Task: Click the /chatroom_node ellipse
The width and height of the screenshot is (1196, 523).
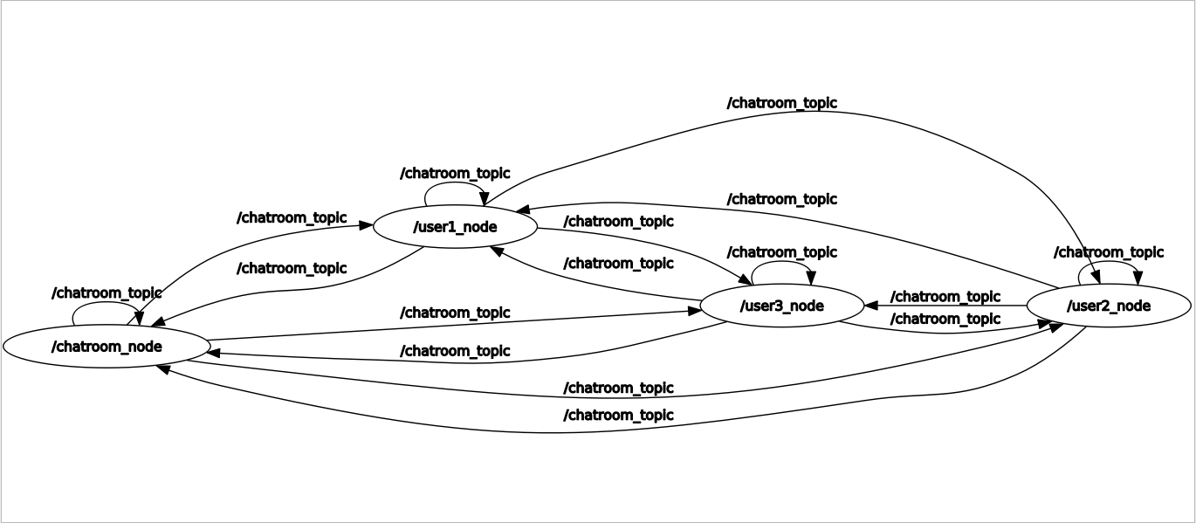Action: pyautogui.click(x=107, y=347)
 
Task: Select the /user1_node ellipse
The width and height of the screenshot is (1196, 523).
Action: pyautogui.click(x=454, y=227)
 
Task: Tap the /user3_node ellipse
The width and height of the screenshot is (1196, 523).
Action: pyautogui.click(x=781, y=306)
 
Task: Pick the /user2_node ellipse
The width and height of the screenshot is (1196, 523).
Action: pyautogui.click(x=1108, y=306)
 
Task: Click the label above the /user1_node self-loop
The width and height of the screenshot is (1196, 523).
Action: pyautogui.click(x=454, y=174)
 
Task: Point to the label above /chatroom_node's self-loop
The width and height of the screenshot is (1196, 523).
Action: pyautogui.click(x=107, y=292)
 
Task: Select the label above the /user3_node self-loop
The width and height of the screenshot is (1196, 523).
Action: pyautogui.click(x=781, y=252)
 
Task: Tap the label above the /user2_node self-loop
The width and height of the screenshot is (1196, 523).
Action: pyautogui.click(x=1108, y=252)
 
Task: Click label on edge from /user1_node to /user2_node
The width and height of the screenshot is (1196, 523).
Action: pyautogui.click(x=781, y=103)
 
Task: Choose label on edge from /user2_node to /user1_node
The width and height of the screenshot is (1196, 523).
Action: pyautogui.click(x=781, y=199)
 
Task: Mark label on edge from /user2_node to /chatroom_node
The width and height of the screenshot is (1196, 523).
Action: pyautogui.click(x=618, y=415)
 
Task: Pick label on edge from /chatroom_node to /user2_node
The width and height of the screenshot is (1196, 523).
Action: pyautogui.click(x=618, y=388)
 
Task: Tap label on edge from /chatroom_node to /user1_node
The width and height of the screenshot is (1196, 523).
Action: pyautogui.click(x=292, y=217)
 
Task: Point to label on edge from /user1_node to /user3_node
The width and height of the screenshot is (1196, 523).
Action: pyautogui.click(x=618, y=222)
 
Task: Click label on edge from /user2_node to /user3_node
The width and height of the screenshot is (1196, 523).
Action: pyautogui.click(x=945, y=297)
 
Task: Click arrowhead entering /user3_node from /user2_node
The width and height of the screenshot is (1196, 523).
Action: pyautogui.click(x=870, y=306)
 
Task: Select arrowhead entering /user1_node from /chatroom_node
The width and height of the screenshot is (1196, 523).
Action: pyautogui.click(x=366, y=224)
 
